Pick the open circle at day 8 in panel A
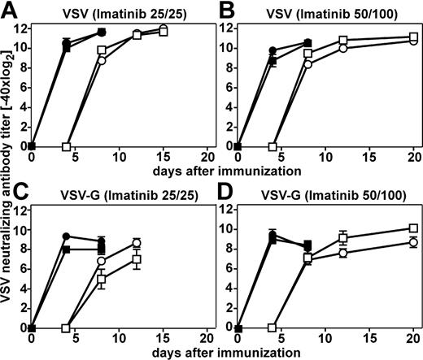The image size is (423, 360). tap(102, 60)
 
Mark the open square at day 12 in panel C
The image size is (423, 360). tap(137, 259)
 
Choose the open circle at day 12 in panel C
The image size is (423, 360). tap(137, 242)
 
